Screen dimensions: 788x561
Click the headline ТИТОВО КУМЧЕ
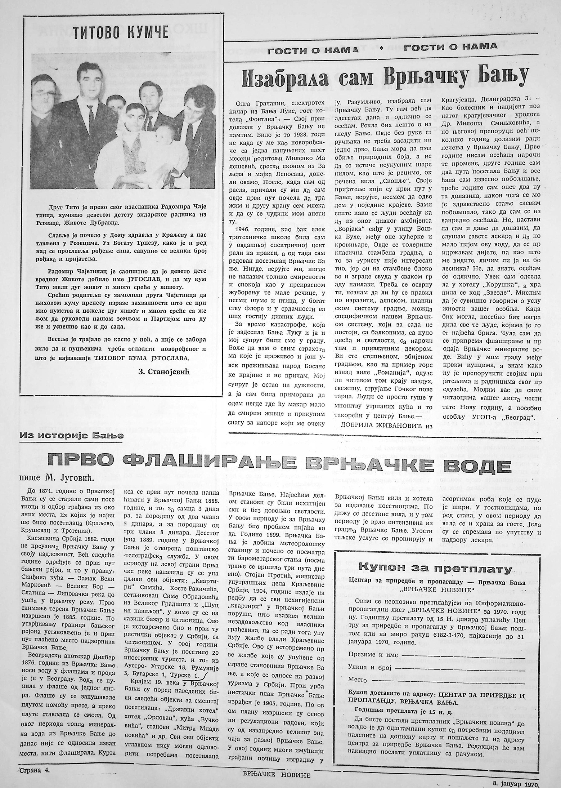(x=121, y=33)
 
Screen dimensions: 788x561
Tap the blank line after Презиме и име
(x=463, y=655)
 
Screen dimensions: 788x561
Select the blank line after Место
(x=446, y=680)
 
